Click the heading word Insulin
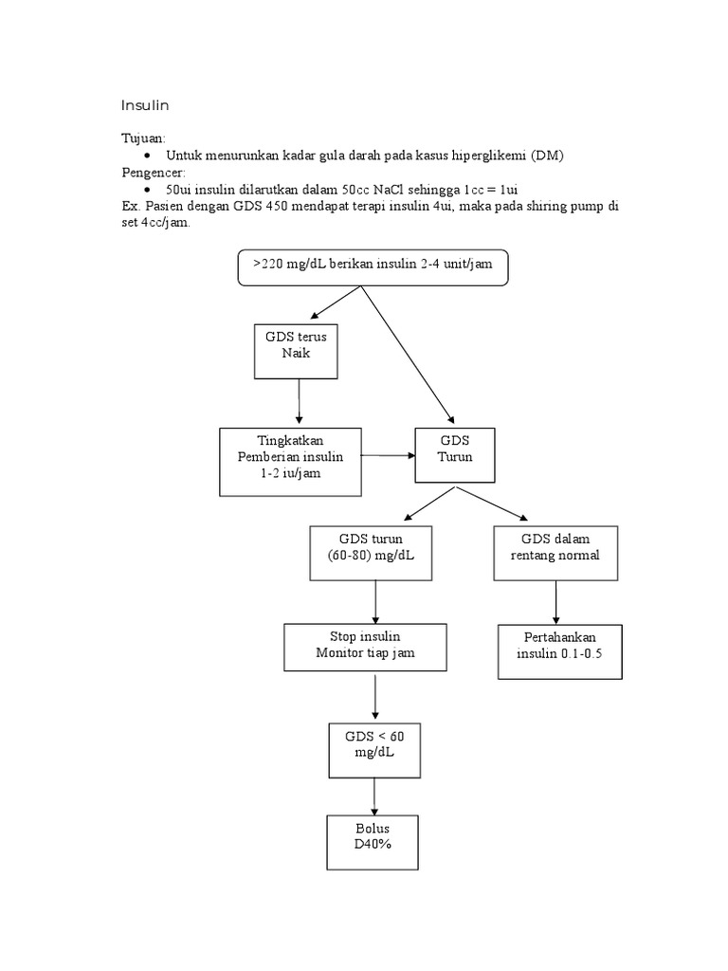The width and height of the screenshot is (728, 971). (x=144, y=104)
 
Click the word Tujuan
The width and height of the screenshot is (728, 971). (x=142, y=138)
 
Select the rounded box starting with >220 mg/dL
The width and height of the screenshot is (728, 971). (x=373, y=266)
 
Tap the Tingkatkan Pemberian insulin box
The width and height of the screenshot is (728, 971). (x=290, y=461)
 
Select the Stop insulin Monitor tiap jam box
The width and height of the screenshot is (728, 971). (x=365, y=647)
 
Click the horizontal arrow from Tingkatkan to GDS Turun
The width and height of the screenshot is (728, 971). (x=389, y=456)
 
